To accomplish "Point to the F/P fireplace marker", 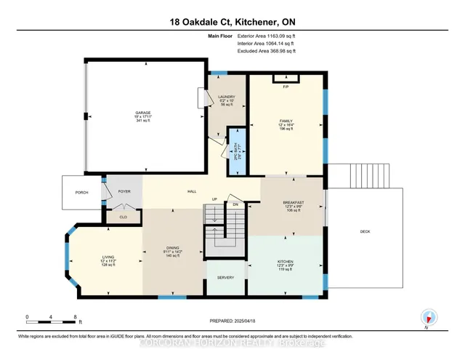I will [286, 87].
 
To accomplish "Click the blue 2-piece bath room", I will [235, 151].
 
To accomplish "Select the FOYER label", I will [124, 191].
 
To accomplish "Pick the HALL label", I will [193, 191].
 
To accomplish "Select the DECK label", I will [366, 231].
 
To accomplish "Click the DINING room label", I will [173, 247].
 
